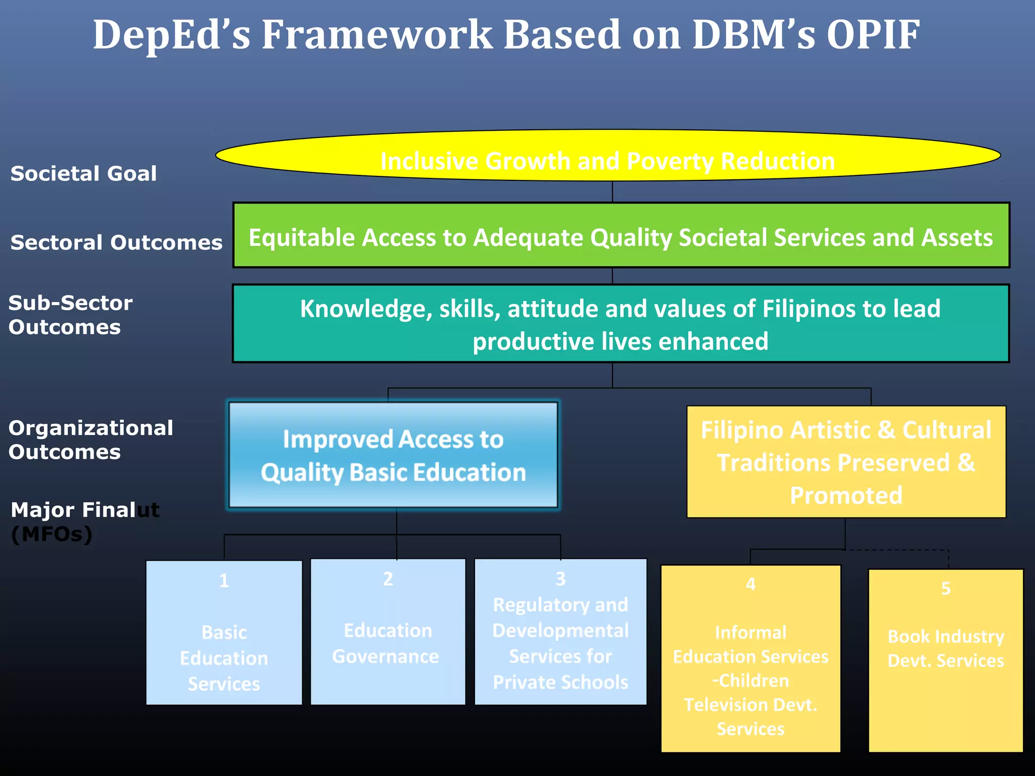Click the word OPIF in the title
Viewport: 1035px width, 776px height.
pyautogui.click(x=873, y=35)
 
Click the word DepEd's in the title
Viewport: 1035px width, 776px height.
pyautogui.click(x=171, y=35)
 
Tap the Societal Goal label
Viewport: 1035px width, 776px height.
pyautogui.click(x=83, y=174)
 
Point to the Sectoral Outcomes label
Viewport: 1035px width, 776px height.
pyautogui.click(x=116, y=243)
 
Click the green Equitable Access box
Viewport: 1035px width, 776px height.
pyautogui.click(x=621, y=235)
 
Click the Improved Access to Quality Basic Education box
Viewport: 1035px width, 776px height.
pyautogui.click(x=393, y=455)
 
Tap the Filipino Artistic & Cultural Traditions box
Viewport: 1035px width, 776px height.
pyautogui.click(x=846, y=462)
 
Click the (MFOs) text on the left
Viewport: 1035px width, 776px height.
pyautogui.click(x=52, y=535)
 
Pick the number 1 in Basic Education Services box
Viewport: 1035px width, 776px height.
pyautogui.click(x=224, y=580)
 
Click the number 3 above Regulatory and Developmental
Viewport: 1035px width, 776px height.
pyautogui.click(x=560, y=579)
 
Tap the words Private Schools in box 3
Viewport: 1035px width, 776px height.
pyautogui.click(x=560, y=683)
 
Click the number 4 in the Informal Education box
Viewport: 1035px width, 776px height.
pyautogui.click(x=750, y=585)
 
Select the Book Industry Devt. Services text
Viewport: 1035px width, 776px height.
pyautogui.click(x=946, y=649)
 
